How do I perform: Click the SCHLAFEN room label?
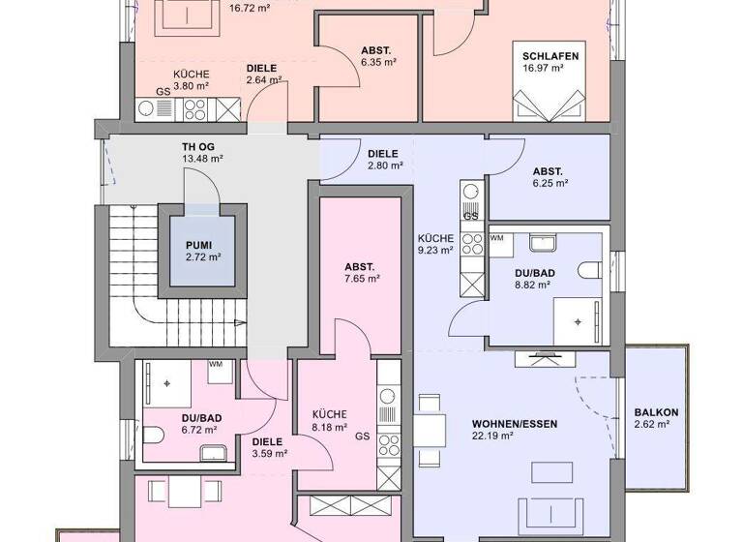(x=550, y=56)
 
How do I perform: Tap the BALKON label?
(x=656, y=412)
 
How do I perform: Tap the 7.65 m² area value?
(x=361, y=279)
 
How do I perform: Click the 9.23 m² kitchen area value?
(x=435, y=250)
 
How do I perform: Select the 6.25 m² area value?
(x=549, y=183)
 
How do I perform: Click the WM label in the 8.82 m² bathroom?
(x=497, y=237)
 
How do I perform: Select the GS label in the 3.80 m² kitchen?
(x=163, y=94)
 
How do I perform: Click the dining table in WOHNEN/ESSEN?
(x=431, y=427)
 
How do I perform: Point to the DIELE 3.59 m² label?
(x=267, y=447)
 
